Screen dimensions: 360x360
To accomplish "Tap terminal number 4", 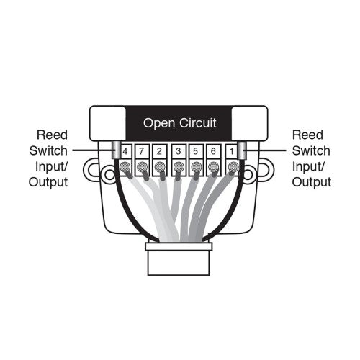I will click(125, 152).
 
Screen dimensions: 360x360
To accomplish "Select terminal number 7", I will click(143, 152).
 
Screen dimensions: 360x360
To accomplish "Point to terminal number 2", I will click(161, 152).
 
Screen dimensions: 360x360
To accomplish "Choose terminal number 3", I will click(179, 152).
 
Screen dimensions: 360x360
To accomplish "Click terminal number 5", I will click(196, 152).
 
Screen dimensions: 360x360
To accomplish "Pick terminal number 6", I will click(214, 152).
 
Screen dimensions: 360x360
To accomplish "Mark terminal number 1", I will click(231, 152).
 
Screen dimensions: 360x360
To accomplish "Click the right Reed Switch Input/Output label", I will click(312, 158).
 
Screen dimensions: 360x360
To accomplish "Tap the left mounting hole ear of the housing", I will click(92, 170).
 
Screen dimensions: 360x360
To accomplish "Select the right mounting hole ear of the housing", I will click(266, 170).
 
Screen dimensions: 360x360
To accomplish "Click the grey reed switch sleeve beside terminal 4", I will click(115, 152).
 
